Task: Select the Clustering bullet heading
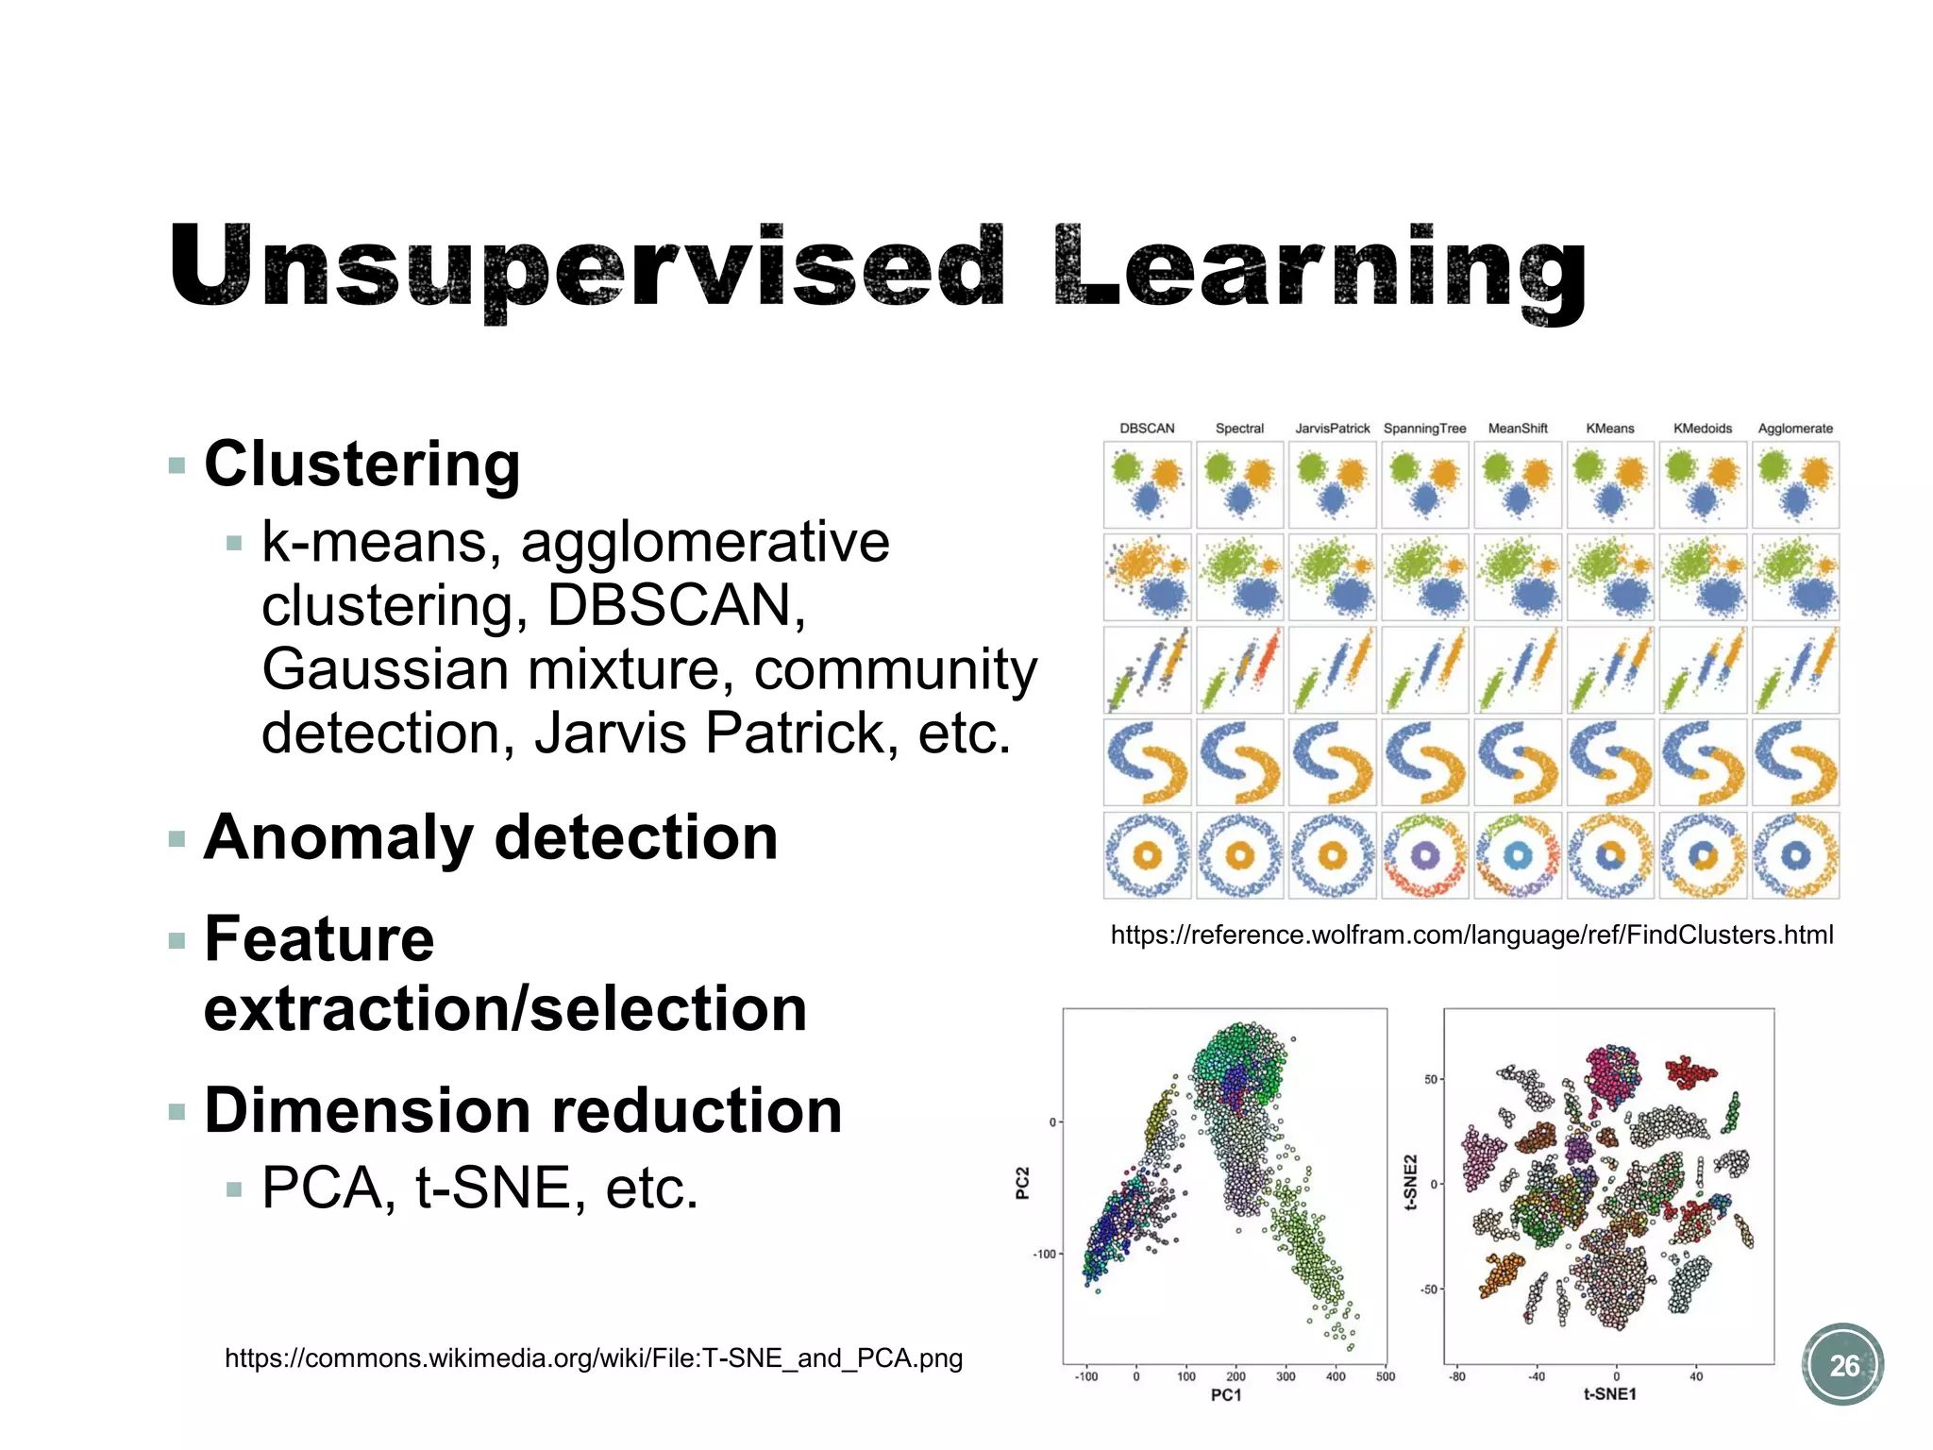361,464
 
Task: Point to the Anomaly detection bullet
491,838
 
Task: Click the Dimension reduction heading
523,1110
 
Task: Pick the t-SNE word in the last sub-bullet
494,1188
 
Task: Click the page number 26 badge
1842,1365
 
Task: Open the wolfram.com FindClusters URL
1471,936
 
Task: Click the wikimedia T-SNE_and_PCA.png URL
594,1358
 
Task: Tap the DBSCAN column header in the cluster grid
1147,429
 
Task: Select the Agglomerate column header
1795,429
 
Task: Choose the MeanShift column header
1518,429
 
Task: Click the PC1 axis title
1226,1395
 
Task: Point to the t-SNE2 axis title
1411,1182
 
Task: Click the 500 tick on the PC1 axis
1385,1376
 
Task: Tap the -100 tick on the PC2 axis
1044,1255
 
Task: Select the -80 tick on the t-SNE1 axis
1457,1376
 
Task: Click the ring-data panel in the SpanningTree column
1425,855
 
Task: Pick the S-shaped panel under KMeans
1610,763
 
